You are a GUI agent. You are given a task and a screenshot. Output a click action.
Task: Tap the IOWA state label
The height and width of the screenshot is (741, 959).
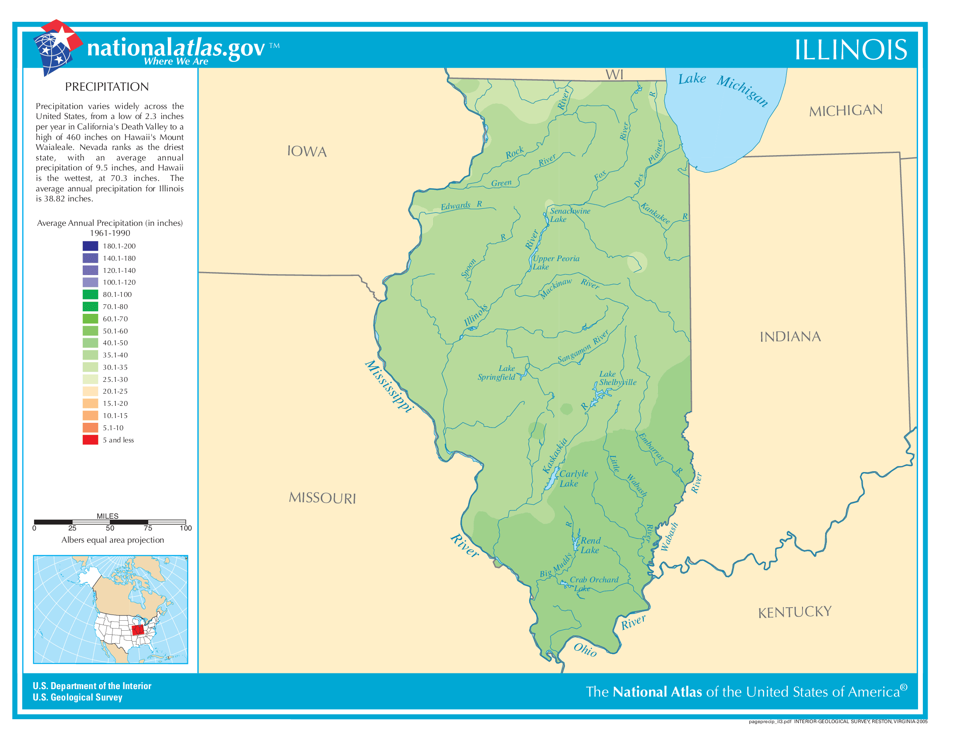307,151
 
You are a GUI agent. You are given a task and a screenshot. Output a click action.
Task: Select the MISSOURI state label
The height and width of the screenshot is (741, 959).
322,498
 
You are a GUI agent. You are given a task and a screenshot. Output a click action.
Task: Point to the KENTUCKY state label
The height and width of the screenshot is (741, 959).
794,612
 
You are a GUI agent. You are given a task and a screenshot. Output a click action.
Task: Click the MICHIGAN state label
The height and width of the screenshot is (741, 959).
845,110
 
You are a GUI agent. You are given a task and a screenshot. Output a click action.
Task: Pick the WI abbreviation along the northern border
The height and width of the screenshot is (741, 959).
614,75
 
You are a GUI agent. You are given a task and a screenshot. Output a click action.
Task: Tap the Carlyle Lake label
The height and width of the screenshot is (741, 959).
573,479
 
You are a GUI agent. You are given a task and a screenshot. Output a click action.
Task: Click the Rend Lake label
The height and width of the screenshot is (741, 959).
590,545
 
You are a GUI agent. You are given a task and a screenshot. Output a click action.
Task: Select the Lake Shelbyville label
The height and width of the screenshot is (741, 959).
617,378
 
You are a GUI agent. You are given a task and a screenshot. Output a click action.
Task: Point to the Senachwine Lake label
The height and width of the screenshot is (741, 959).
570,214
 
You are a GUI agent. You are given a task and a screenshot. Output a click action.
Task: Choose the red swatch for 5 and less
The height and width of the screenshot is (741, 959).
90,440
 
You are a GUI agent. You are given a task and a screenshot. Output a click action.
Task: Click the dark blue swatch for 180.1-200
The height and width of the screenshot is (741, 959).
90,246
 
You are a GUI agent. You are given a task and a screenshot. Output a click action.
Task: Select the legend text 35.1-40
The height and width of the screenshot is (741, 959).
115,355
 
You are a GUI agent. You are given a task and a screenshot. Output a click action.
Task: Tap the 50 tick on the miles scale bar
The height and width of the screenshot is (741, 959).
110,528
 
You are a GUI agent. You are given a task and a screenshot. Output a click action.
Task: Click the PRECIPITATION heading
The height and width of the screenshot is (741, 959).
107,87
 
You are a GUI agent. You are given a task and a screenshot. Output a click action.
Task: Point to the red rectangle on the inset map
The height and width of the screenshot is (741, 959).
138,629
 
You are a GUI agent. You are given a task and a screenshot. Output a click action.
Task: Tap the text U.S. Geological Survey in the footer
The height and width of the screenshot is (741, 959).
77,697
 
